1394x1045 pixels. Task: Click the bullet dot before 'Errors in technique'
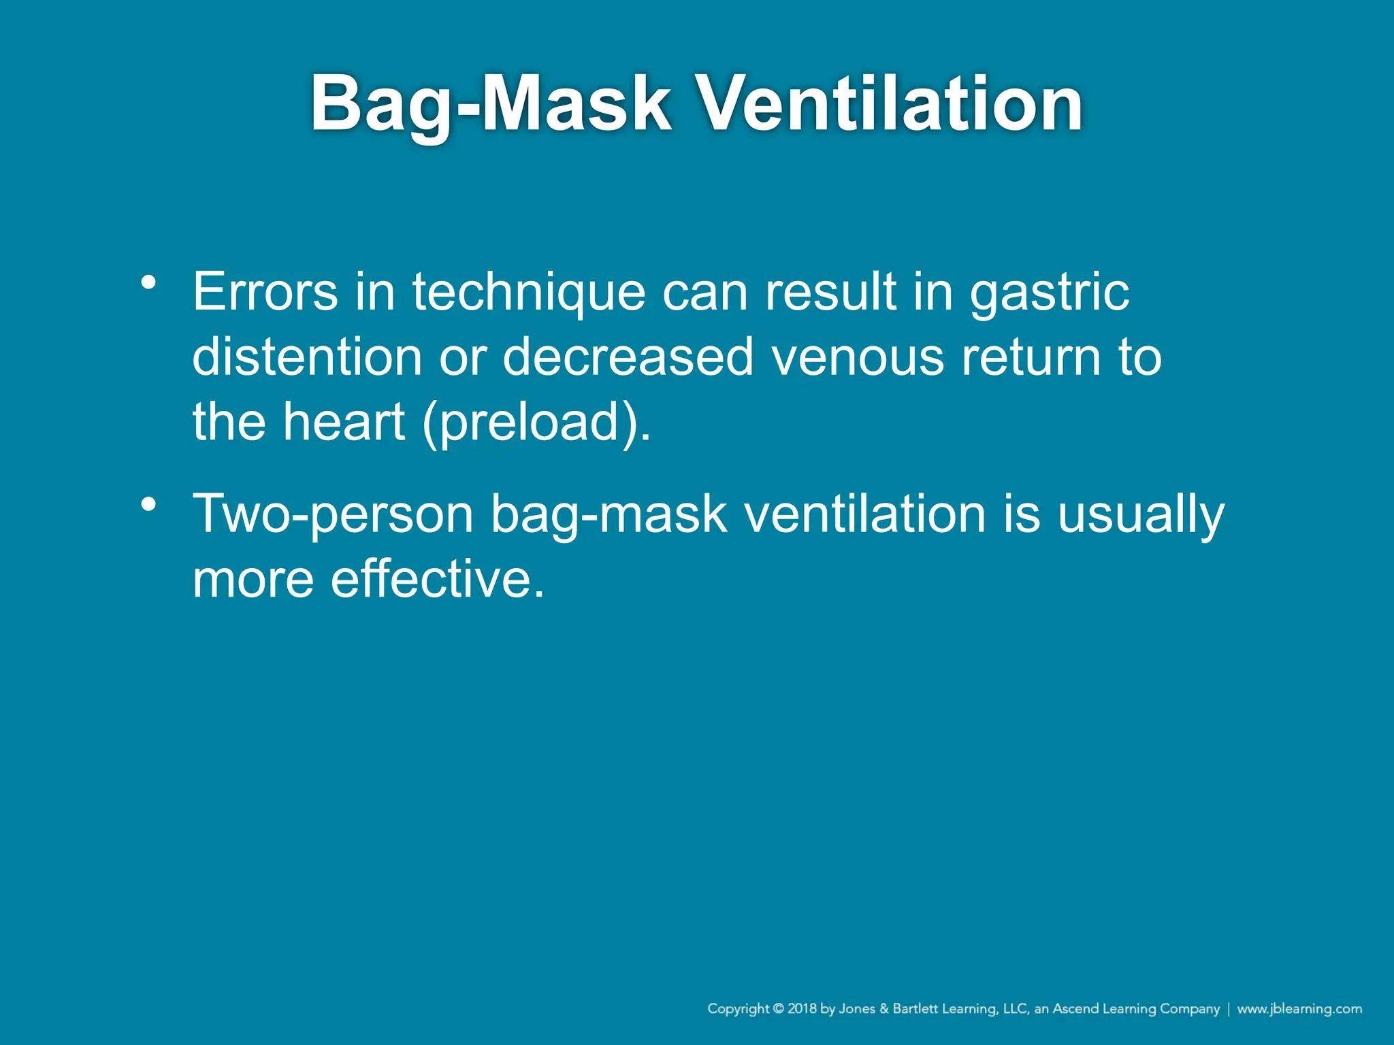149,282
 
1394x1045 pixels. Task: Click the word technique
528,293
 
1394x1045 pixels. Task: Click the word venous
858,358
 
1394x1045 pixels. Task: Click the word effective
438,580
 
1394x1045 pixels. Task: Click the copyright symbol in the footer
779,1009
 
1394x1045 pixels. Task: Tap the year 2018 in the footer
803,1009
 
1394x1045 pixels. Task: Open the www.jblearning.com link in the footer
1299,1009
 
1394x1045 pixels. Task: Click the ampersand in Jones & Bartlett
884,1009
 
